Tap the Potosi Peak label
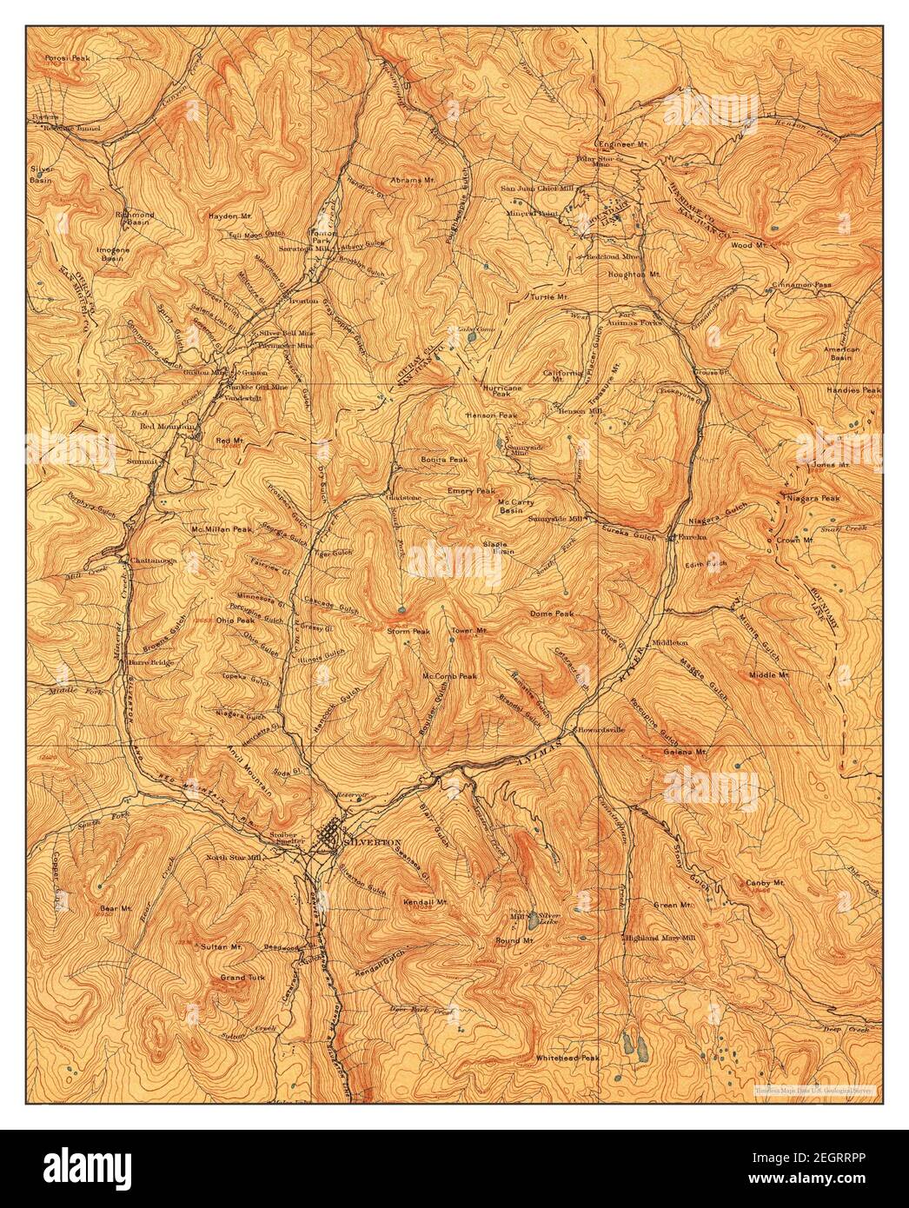click(x=70, y=57)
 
